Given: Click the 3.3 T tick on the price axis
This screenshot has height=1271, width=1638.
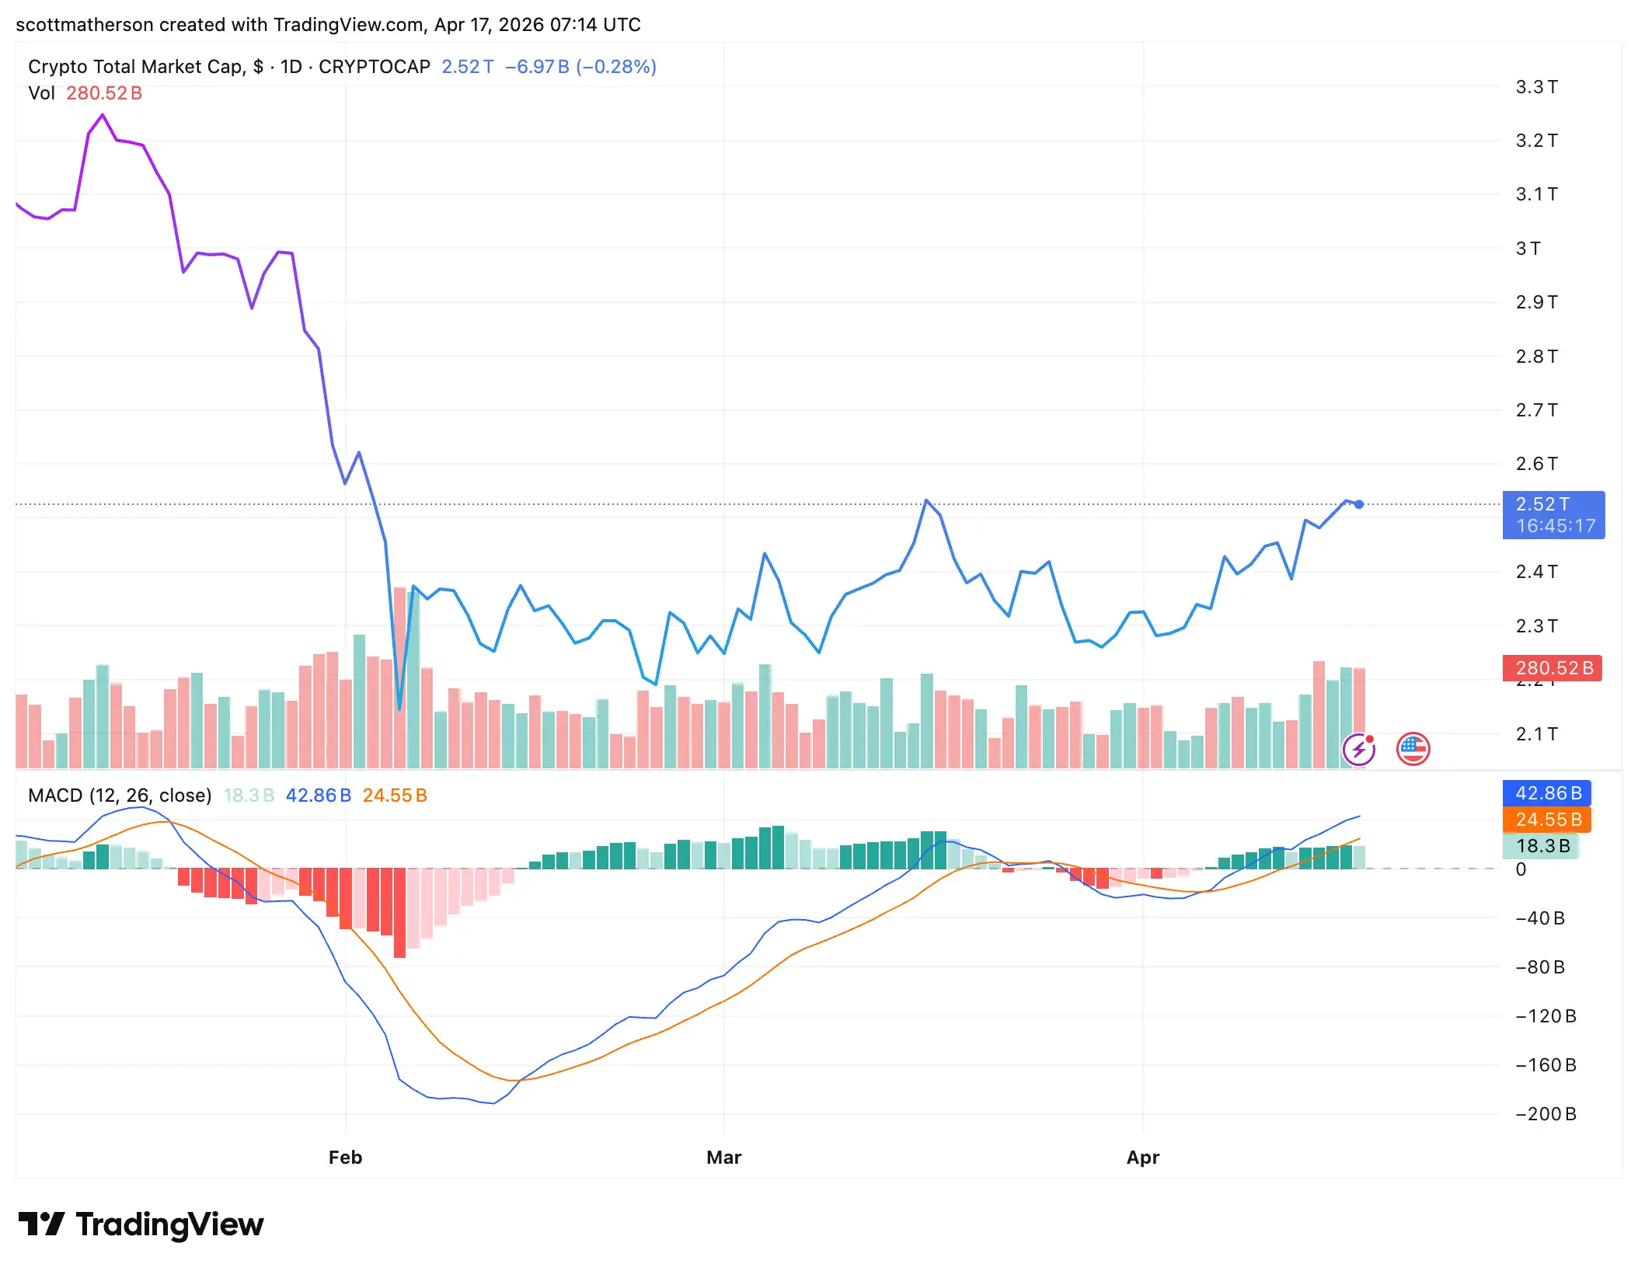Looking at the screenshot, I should (x=1536, y=87).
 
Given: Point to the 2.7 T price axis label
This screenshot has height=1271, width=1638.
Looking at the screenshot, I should (x=1536, y=410).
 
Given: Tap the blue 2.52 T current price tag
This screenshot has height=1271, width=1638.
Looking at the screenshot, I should (x=1553, y=514).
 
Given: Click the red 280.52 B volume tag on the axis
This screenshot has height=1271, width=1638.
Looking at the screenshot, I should (x=1553, y=668).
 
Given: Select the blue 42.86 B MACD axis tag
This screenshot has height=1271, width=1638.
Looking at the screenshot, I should (x=1547, y=793).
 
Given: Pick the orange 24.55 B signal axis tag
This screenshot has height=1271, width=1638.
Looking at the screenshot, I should (x=1547, y=820).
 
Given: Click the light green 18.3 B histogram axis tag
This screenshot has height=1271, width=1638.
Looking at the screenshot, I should (x=1542, y=846).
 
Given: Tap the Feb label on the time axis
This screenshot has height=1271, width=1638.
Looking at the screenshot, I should (x=345, y=1158).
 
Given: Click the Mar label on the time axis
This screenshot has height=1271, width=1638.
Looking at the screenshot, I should (x=723, y=1158).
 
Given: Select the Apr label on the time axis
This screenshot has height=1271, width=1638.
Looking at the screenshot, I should (x=1142, y=1158).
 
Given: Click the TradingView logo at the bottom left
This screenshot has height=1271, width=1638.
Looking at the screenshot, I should (x=141, y=1224).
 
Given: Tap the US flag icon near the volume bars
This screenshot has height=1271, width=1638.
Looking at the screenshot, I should (x=1413, y=749).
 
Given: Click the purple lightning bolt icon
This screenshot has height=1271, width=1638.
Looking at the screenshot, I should (x=1358, y=750).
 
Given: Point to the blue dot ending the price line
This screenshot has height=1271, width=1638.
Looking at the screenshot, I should (x=1359, y=504).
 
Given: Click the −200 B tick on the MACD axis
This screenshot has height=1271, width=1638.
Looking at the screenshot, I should (x=1546, y=1114).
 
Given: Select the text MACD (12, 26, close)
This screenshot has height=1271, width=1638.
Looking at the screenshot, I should (x=120, y=796).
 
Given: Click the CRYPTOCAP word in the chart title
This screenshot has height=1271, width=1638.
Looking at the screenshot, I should (x=374, y=67).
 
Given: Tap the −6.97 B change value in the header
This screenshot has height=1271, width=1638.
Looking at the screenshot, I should (x=537, y=67).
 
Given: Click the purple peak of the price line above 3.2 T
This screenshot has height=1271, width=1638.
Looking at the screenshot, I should (x=102, y=116).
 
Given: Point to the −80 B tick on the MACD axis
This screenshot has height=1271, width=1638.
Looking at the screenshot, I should (x=1540, y=967).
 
